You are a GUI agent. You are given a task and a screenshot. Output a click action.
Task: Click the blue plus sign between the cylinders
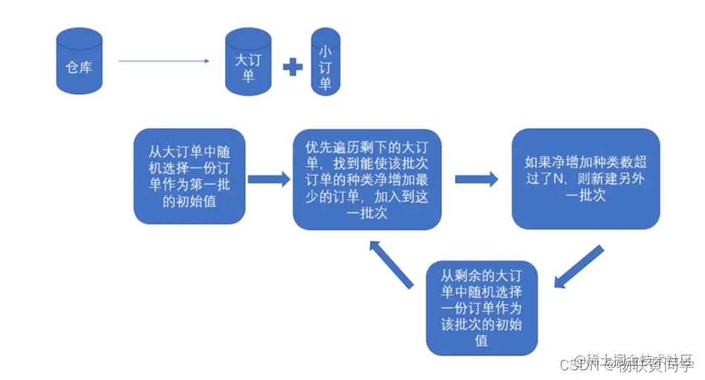click(293, 67)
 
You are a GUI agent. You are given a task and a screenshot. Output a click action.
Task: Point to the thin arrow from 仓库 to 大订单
click(163, 61)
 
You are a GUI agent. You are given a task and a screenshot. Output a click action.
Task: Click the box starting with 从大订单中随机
click(188, 177)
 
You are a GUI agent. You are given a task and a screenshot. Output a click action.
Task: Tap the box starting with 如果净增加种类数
click(586, 178)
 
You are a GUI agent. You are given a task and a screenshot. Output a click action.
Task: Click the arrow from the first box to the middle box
click(268, 179)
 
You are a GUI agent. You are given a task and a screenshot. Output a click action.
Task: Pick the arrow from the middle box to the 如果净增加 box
click(476, 179)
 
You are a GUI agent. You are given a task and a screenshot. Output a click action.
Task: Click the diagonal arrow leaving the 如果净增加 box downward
click(578, 264)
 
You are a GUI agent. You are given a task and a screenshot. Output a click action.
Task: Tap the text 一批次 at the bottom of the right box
click(586, 196)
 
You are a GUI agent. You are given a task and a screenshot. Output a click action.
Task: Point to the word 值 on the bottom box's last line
click(481, 341)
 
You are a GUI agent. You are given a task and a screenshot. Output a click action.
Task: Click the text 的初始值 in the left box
click(189, 200)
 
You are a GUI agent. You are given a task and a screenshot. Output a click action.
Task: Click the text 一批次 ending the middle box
click(367, 214)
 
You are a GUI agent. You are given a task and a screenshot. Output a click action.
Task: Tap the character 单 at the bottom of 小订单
click(325, 84)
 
